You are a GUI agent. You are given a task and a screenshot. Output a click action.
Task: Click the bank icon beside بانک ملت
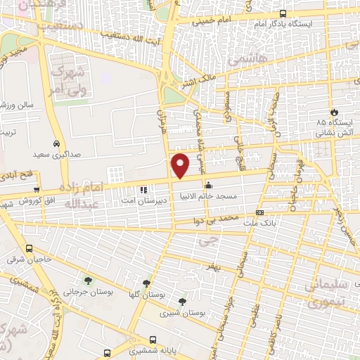(x=259, y=212)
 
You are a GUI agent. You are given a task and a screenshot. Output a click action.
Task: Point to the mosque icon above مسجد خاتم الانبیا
(x=208, y=186)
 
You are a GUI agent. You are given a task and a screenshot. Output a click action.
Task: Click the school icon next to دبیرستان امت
(x=143, y=189)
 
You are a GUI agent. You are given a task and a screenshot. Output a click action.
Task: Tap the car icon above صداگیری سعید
(x=56, y=139)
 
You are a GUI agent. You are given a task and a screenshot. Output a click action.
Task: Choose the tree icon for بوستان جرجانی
(x=87, y=281)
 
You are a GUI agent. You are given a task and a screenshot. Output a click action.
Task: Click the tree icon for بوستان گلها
(x=146, y=283)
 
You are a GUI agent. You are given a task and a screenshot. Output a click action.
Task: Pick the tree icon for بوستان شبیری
(x=183, y=301)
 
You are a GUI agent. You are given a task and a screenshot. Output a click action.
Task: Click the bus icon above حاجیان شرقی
(x=29, y=248)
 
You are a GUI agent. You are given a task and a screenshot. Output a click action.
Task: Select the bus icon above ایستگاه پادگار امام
(x=283, y=13)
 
